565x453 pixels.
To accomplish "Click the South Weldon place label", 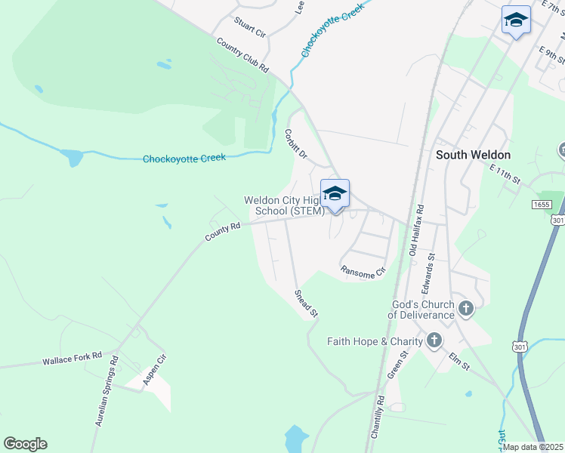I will pos(474,155).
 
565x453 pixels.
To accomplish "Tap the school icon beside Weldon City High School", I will pos(335,195).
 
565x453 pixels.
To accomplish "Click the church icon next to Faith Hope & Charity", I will pos(434,341).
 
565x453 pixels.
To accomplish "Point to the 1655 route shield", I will pos(541,204).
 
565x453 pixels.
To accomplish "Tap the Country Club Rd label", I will pos(242,55).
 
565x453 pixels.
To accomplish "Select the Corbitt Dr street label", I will pos(295,143).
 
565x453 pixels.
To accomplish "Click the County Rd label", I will pos(222,232).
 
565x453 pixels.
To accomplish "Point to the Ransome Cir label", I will pos(363,273).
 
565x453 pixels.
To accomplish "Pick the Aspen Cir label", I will pos(154,371).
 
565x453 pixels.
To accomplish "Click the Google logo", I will pos(25,444).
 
